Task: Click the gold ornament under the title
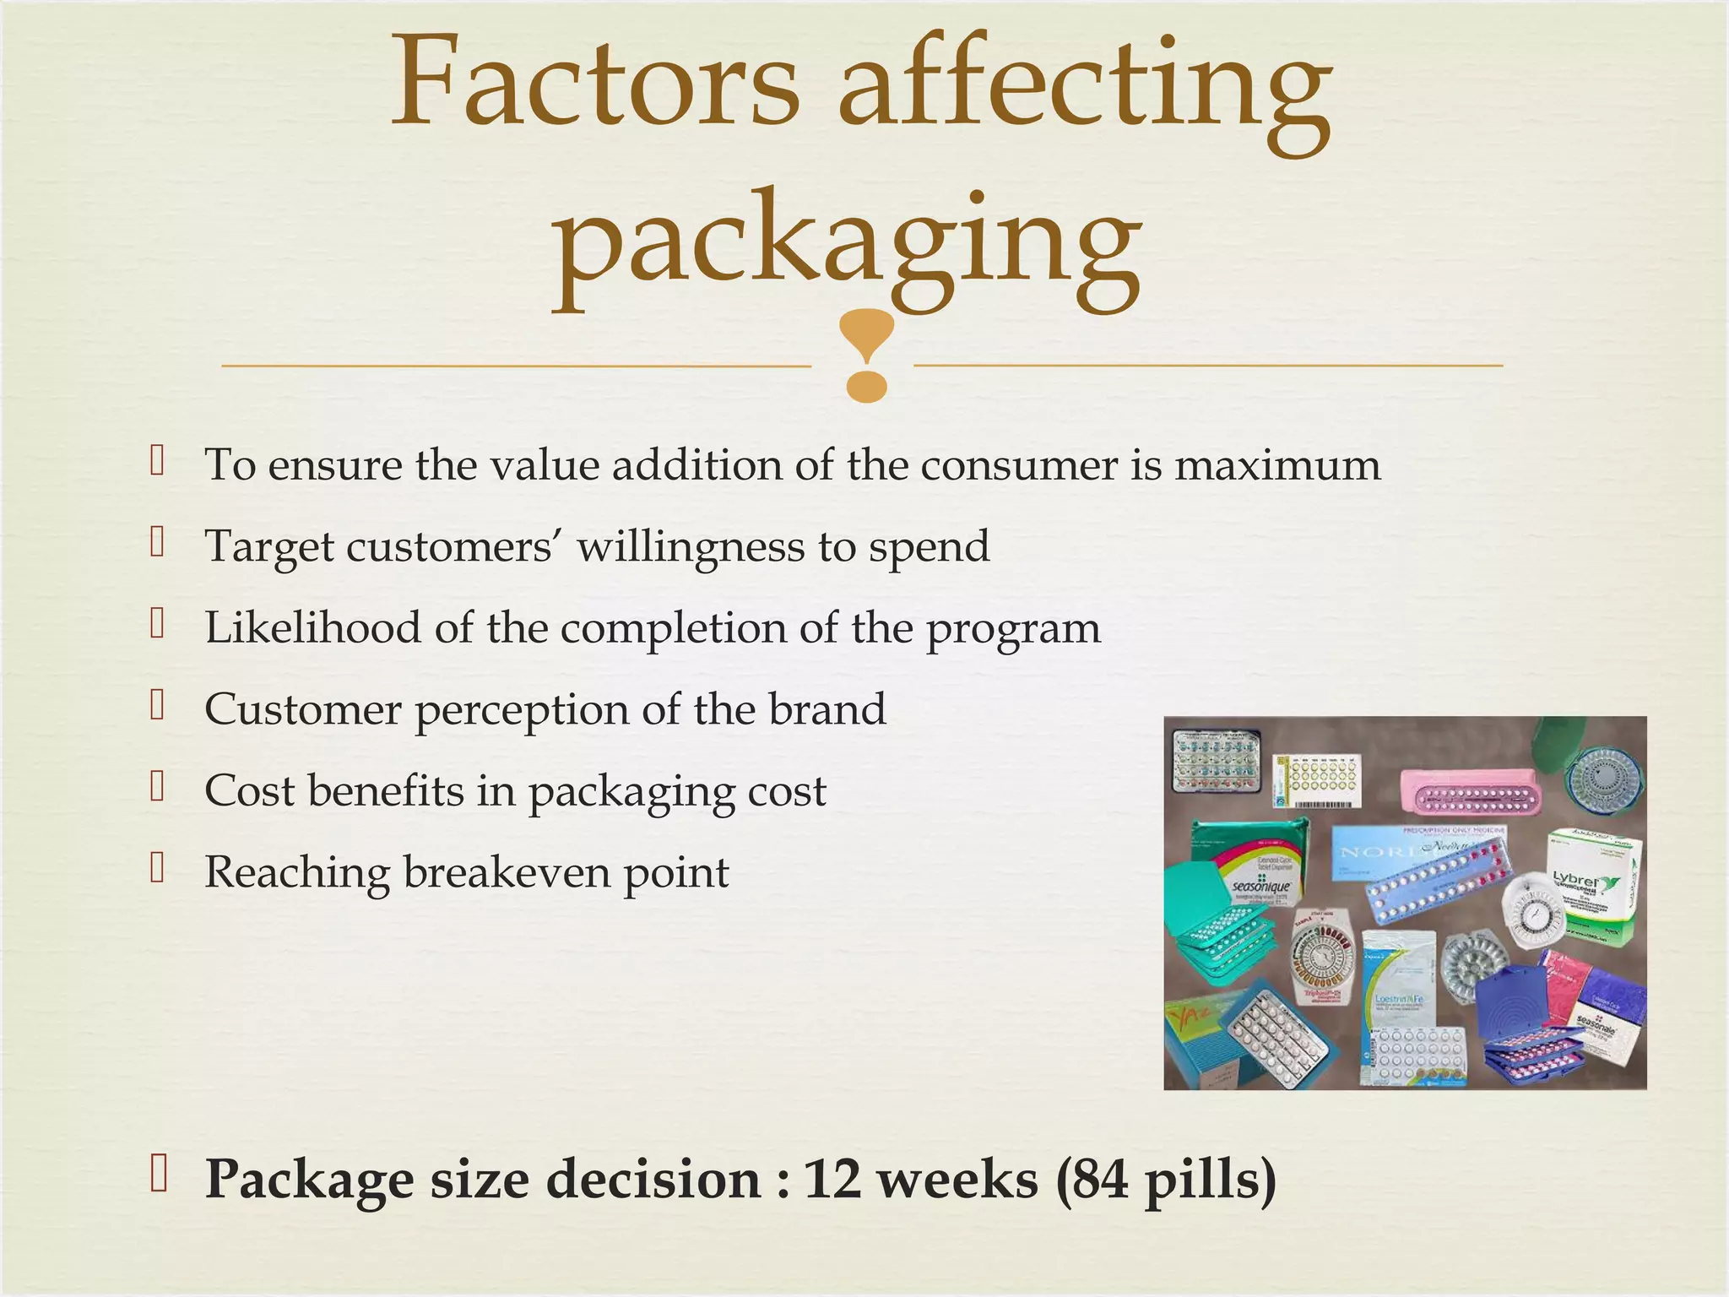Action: pyautogui.click(x=866, y=355)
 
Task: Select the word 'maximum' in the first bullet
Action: pyautogui.click(x=1277, y=465)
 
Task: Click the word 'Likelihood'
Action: pyautogui.click(x=312, y=627)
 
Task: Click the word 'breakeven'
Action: pyautogui.click(x=506, y=872)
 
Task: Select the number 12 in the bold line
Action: pyautogui.click(x=832, y=1179)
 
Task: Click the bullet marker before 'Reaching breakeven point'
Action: pyautogui.click(x=156, y=867)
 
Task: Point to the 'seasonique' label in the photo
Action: pyautogui.click(x=1260, y=887)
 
